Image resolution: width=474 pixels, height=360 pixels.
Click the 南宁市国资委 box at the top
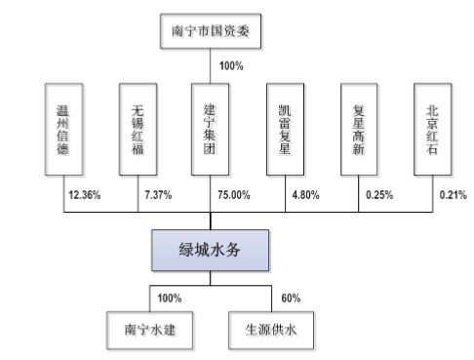211,30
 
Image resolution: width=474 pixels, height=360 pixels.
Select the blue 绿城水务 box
211,251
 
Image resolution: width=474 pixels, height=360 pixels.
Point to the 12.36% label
86,195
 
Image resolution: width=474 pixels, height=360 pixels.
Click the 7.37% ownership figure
158,195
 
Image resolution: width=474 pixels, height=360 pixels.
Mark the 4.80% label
304,195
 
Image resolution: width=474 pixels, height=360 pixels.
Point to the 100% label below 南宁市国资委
231,66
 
